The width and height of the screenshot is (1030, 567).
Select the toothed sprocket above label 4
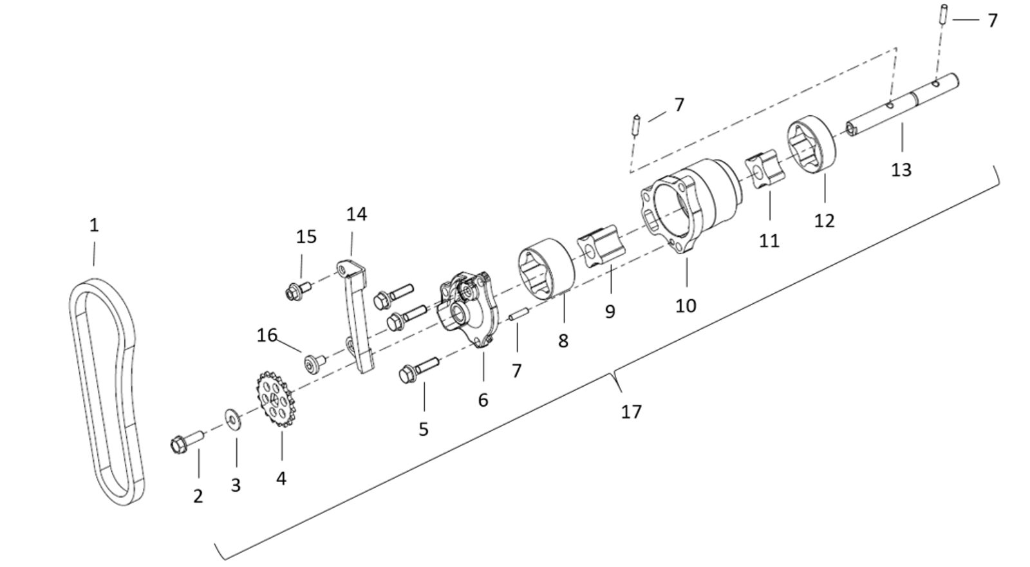coord(274,399)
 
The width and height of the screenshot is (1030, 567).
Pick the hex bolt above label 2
coord(186,442)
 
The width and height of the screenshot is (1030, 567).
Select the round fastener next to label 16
coord(314,363)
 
